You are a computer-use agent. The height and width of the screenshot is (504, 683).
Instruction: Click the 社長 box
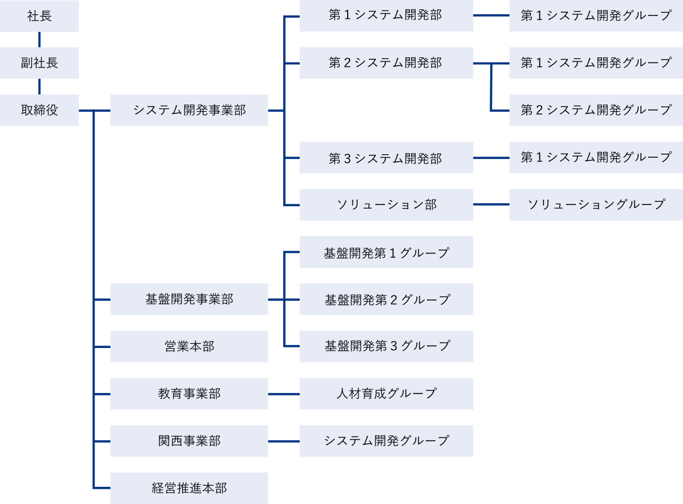pyautogui.click(x=39, y=16)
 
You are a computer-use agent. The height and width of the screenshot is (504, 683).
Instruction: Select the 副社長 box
pyautogui.click(x=39, y=63)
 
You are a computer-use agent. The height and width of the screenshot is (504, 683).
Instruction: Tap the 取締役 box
pyautogui.click(x=39, y=110)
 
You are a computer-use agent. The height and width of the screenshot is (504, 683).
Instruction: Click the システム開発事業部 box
pyautogui.click(x=189, y=110)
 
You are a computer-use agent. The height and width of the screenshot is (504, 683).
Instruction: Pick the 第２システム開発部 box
pyautogui.click(x=386, y=63)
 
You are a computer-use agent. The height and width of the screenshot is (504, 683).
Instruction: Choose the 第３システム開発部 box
pyautogui.click(x=386, y=158)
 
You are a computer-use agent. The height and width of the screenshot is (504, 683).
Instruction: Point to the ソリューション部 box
pyautogui.click(x=386, y=204)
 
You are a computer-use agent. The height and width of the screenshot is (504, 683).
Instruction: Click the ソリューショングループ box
pyautogui.click(x=595, y=204)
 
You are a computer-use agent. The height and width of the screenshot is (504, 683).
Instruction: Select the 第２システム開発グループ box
pyautogui.click(x=595, y=110)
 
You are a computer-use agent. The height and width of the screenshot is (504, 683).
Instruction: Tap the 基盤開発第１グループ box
pyautogui.click(x=386, y=252)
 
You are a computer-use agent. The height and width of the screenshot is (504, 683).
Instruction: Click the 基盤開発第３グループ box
pyautogui.click(x=386, y=346)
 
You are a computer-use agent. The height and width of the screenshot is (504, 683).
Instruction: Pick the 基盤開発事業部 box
pyautogui.click(x=189, y=300)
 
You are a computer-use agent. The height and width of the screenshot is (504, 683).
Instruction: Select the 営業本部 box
pyautogui.click(x=189, y=346)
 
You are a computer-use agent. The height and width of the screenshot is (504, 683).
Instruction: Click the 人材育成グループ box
pyautogui.click(x=386, y=394)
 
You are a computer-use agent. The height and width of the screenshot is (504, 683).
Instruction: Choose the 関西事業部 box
pyautogui.click(x=189, y=441)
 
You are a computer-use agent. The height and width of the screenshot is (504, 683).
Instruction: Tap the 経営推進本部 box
pyautogui.click(x=189, y=488)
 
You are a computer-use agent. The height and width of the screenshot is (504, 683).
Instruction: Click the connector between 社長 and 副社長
pyautogui.click(x=39, y=39)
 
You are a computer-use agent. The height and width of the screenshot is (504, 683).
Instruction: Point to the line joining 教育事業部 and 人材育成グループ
pyautogui.click(x=283, y=394)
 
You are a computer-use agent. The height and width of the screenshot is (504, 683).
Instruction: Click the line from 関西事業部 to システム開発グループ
pyautogui.click(x=283, y=441)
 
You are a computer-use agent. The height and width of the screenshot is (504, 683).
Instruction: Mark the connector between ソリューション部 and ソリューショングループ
pyautogui.click(x=491, y=204)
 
